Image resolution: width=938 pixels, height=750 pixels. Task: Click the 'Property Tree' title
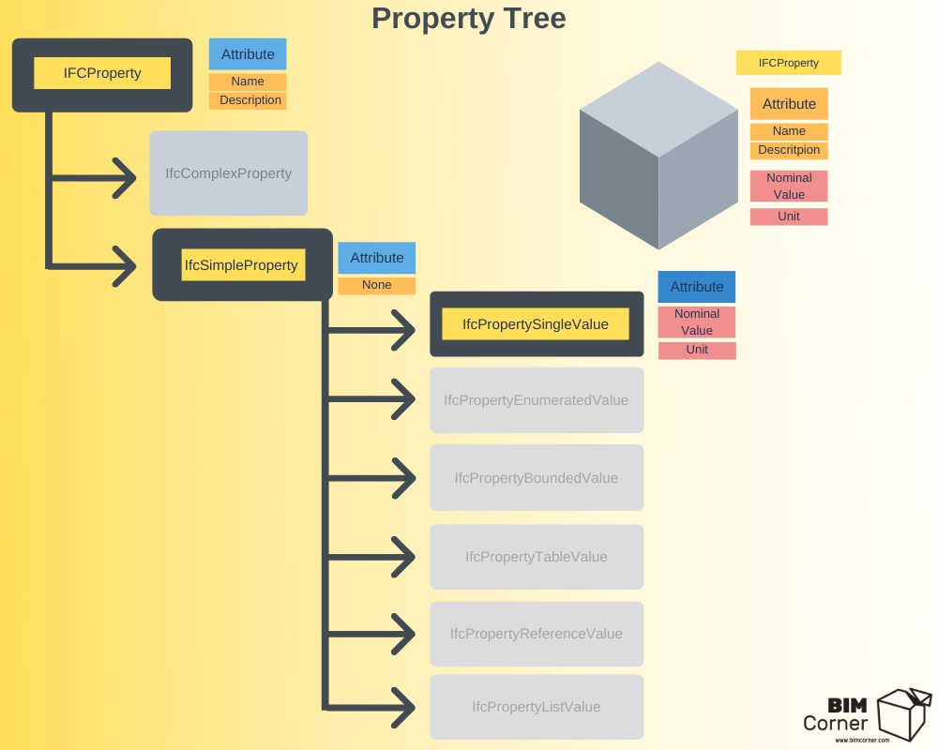468,19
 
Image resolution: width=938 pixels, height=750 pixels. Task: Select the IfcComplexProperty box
229,172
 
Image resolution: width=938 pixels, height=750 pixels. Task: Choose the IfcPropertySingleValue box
537,324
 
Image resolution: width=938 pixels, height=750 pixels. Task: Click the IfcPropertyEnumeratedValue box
537,400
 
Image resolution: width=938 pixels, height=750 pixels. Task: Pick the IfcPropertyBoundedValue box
537,477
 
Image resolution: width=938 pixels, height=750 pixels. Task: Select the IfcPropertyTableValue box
537,557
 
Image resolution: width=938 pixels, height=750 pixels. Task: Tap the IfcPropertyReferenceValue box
537,634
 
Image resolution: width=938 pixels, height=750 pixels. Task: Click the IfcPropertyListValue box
537,707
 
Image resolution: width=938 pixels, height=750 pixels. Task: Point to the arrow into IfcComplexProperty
93,177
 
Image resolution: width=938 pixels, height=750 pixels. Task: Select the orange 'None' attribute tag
377,285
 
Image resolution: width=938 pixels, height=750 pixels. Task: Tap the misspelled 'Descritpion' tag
789,150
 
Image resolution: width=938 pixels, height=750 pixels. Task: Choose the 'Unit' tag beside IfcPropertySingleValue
697,350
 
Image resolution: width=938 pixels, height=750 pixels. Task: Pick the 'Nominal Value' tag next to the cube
789,186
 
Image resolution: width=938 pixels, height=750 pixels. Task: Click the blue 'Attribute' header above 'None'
377,258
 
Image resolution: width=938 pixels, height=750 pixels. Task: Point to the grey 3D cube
658,156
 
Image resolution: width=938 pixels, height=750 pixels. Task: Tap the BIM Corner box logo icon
904,714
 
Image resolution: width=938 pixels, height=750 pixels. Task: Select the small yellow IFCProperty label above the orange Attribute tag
789,63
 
